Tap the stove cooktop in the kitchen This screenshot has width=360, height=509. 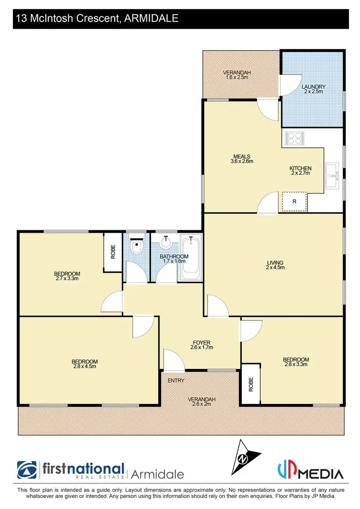(x=294, y=139)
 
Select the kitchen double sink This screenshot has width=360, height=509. (x=331, y=176)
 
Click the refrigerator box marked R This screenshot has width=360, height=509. (x=294, y=201)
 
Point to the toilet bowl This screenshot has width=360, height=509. (x=136, y=248)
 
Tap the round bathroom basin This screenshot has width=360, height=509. (x=166, y=242)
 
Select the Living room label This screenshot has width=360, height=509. (x=276, y=265)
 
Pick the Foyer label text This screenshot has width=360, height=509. (x=202, y=345)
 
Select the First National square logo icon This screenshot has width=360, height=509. (x=27, y=470)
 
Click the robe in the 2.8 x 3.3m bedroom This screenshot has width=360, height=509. (x=250, y=384)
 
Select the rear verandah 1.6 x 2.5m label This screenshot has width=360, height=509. (x=237, y=75)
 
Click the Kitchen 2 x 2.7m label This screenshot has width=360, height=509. (x=300, y=171)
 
